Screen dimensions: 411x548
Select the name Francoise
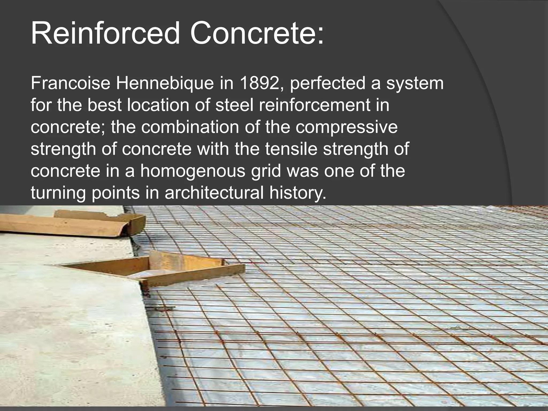[70, 83]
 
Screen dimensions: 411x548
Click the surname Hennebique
[165, 83]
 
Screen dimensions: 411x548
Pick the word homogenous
[193, 171]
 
